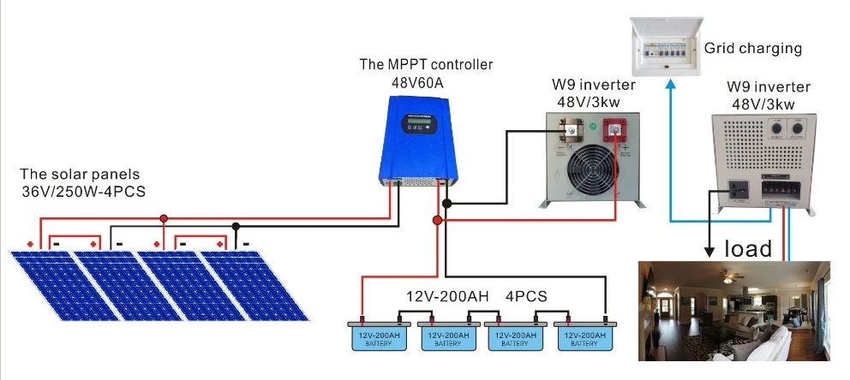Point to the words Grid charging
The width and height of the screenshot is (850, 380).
tap(752, 49)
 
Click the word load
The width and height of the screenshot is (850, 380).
tap(748, 248)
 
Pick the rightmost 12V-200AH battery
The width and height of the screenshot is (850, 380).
tap(584, 335)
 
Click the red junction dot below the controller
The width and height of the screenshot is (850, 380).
tap(437, 220)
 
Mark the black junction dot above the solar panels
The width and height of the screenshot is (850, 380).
tap(236, 226)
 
